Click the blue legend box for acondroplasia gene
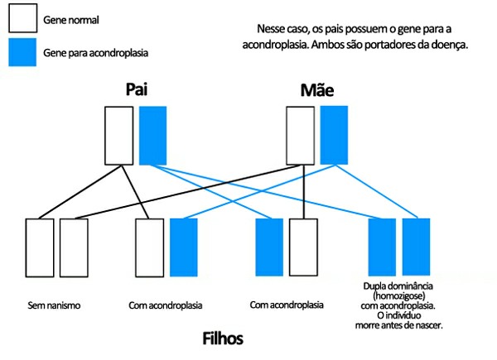[x=22, y=52]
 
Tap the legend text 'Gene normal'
[x=70, y=17]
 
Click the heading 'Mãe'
[x=316, y=90]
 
